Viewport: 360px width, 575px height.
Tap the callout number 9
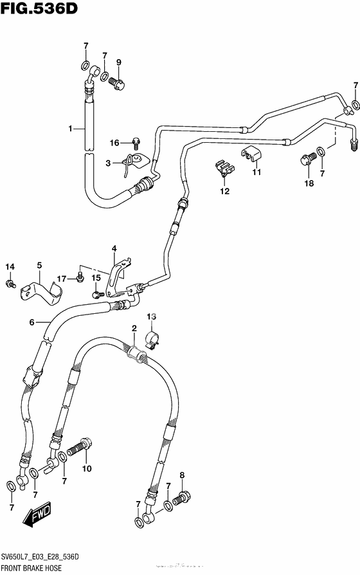point(118,62)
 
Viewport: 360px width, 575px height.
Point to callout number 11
point(256,172)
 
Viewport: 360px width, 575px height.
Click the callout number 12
point(225,191)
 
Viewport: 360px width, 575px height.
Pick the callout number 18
point(309,183)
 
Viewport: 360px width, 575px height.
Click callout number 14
point(10,267)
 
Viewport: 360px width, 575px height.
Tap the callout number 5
point(39,265)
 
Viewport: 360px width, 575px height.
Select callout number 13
point(151,316)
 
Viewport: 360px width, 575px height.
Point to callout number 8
point(182,475)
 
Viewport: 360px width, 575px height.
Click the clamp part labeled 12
point(222,168)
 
